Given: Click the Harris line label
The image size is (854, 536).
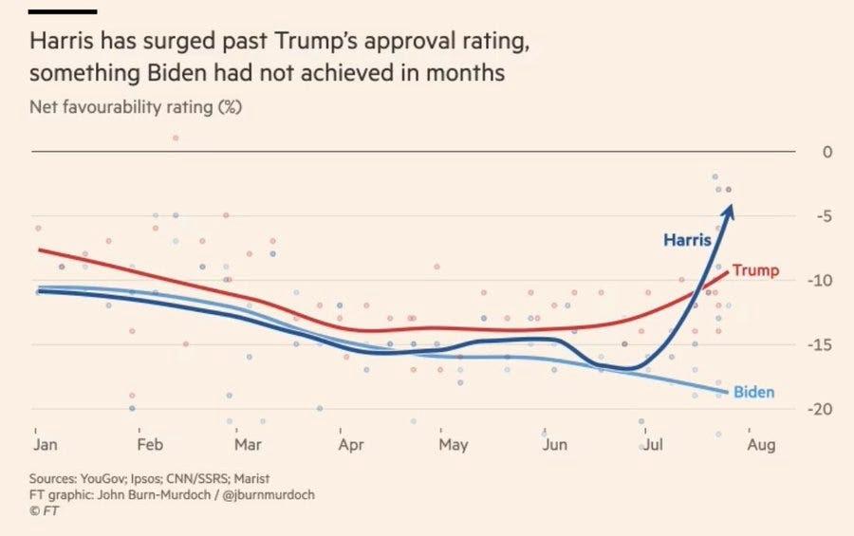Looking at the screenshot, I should tap(687, 240).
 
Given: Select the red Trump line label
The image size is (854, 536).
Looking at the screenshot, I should tap(755, 270).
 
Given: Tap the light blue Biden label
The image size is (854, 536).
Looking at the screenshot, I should tap(753, 393).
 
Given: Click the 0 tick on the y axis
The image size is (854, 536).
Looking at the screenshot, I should tap(801, 152).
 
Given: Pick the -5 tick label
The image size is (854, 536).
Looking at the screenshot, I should tap(799, 216).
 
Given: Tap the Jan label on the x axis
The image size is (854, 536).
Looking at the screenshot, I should tap(44, 444).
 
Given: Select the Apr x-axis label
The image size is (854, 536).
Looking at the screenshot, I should tap(350, 444).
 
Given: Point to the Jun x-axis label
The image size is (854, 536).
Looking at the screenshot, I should tap(555, 444).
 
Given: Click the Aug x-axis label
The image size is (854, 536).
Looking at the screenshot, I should tap(760, 444).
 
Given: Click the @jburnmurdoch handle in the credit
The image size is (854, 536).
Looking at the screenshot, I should tap(268, 494).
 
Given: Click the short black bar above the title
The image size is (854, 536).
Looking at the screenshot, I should tap(64, 11).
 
